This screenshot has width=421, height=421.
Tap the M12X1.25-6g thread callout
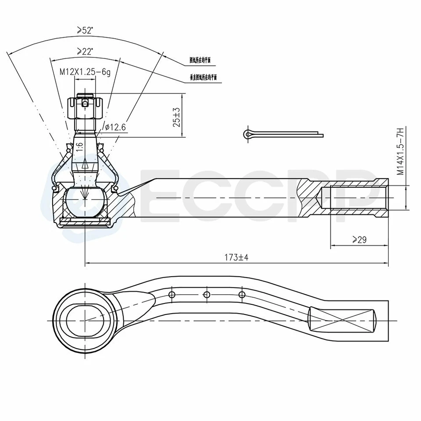click(85, 72)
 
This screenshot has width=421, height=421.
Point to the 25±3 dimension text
click(176, 116)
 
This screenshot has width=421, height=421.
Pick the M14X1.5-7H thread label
click(400, 152)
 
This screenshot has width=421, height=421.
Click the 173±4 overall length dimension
click(236, 257)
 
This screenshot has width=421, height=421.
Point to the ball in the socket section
click(84, 202)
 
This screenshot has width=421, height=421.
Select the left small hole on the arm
click(172, 294)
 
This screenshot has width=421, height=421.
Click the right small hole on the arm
click(242, 294)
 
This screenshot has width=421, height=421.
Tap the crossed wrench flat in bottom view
click(342, 320)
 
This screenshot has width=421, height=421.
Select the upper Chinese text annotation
click(200, 61)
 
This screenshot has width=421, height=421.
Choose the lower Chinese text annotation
click(203, 78)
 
